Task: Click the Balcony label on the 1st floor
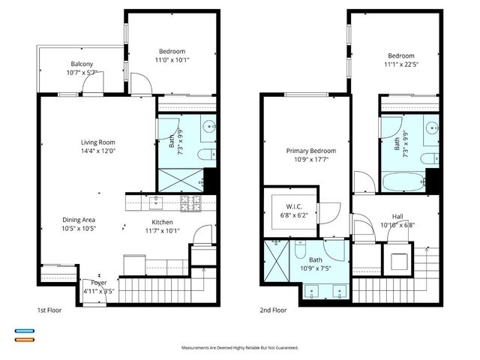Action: (x=82, y=64)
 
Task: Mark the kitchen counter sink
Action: (x=155, y=201)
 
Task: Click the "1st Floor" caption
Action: (x=51, y=310)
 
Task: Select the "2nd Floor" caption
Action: (x=273, y=310)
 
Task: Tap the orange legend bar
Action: (x=25, y=340)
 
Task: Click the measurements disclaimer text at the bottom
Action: (x=240, y=348)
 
